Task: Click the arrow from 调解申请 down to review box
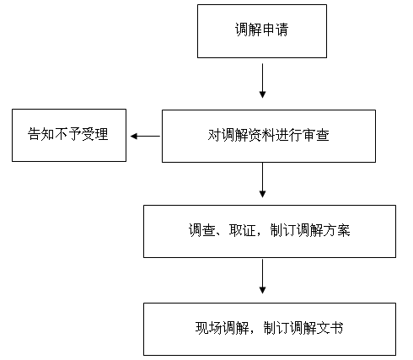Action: point(262,81)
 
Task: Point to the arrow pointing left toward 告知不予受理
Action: point(145,137)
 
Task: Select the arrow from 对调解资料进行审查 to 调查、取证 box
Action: point(262,180)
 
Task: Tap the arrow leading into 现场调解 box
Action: point(262,277)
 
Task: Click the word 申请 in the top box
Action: point(276,30)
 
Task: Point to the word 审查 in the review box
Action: point(316,135)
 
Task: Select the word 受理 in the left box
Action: point(95,134)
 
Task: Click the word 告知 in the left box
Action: point(40,134)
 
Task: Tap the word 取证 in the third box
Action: point(242,230)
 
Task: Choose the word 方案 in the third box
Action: point(337,230)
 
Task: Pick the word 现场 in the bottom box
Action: point(208,328)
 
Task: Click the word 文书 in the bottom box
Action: point(330,328)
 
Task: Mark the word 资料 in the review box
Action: point(262,135)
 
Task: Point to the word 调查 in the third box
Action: point(201,230)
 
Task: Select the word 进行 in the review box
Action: point(289,135)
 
